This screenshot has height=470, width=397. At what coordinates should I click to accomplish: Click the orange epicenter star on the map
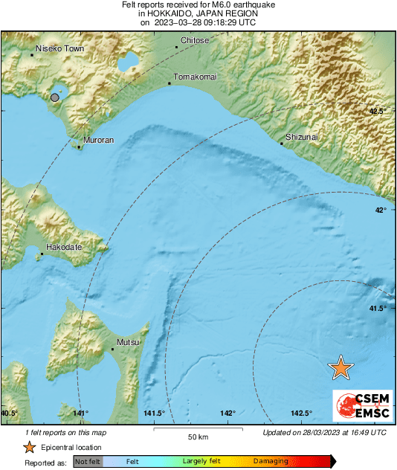tap(341, 367)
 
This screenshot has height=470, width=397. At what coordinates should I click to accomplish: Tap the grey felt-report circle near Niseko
tap(55, 97)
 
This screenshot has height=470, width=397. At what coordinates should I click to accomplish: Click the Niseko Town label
tap(60, 48)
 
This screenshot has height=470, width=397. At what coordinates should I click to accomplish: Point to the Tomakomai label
tap(194, 77)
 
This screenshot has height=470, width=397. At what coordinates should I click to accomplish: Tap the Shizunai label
tap(302, 137)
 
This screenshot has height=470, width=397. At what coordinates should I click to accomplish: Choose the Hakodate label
tap(64, 247)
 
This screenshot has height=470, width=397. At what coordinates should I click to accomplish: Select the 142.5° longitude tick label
tap(301, 413)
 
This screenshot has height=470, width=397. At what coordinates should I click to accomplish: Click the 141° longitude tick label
tap(81, 413)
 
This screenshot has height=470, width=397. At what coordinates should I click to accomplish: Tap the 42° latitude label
tap(380, 210)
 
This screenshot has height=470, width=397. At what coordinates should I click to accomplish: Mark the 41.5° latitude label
tap(378, 308)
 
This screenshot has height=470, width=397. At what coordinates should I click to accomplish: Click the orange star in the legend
tap(29, 447)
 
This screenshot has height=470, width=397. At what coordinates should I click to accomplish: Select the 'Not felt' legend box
tap(88, 461)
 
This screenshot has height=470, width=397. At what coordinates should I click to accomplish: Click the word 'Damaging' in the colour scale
tap(271, 461)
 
